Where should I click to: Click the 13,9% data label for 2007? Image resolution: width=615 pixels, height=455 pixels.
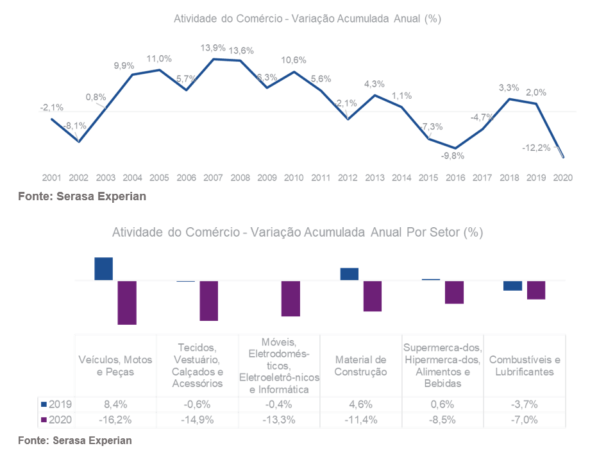point(213,48)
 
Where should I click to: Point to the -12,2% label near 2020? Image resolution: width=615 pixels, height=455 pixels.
point(535,148)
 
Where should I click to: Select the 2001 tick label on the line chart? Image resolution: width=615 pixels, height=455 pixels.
point(52,178)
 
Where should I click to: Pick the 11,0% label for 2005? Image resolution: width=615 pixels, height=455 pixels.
point(159,59)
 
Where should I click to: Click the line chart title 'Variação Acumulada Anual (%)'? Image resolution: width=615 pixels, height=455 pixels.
point(307,19)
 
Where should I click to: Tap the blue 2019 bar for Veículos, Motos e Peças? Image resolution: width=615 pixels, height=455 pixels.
point(104,269)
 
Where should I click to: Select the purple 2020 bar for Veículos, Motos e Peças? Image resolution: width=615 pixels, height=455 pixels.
point(127,302)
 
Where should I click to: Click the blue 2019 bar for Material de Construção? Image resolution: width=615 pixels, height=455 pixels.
point(350,274)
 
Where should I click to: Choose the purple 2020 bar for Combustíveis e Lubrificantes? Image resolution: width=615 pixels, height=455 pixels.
point(536,290)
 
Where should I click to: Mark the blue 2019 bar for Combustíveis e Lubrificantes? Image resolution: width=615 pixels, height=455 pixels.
point(513,286)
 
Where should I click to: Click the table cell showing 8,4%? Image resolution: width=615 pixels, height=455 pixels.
point(115,404)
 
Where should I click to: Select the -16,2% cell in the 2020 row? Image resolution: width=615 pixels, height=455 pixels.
point(115,420)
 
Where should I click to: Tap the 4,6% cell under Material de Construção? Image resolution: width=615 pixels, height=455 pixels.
point(361,404)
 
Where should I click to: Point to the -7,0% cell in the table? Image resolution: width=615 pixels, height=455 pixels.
point(525,420)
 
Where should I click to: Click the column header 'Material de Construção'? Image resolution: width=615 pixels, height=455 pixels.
point(361,365)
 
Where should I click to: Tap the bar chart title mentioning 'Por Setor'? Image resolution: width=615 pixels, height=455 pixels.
point(298,232)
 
